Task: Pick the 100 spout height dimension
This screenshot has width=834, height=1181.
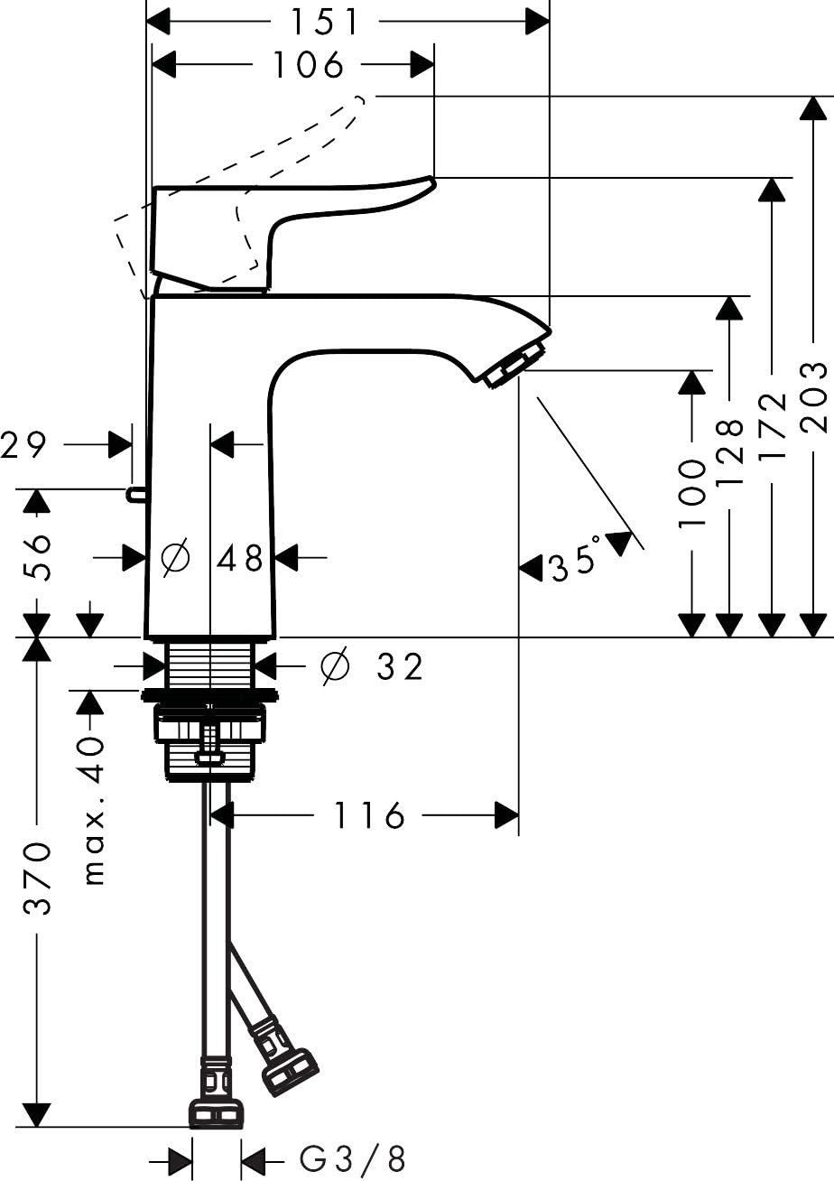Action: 692,494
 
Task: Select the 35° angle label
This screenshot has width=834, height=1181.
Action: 574,561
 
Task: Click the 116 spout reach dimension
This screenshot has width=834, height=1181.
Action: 370,815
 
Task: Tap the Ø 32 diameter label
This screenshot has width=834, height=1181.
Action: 372,666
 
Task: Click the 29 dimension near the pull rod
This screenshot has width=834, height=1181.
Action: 23,445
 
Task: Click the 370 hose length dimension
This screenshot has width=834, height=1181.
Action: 36,879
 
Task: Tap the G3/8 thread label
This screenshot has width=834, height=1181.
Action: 353,1158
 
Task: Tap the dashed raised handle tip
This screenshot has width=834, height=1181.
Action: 359,105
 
